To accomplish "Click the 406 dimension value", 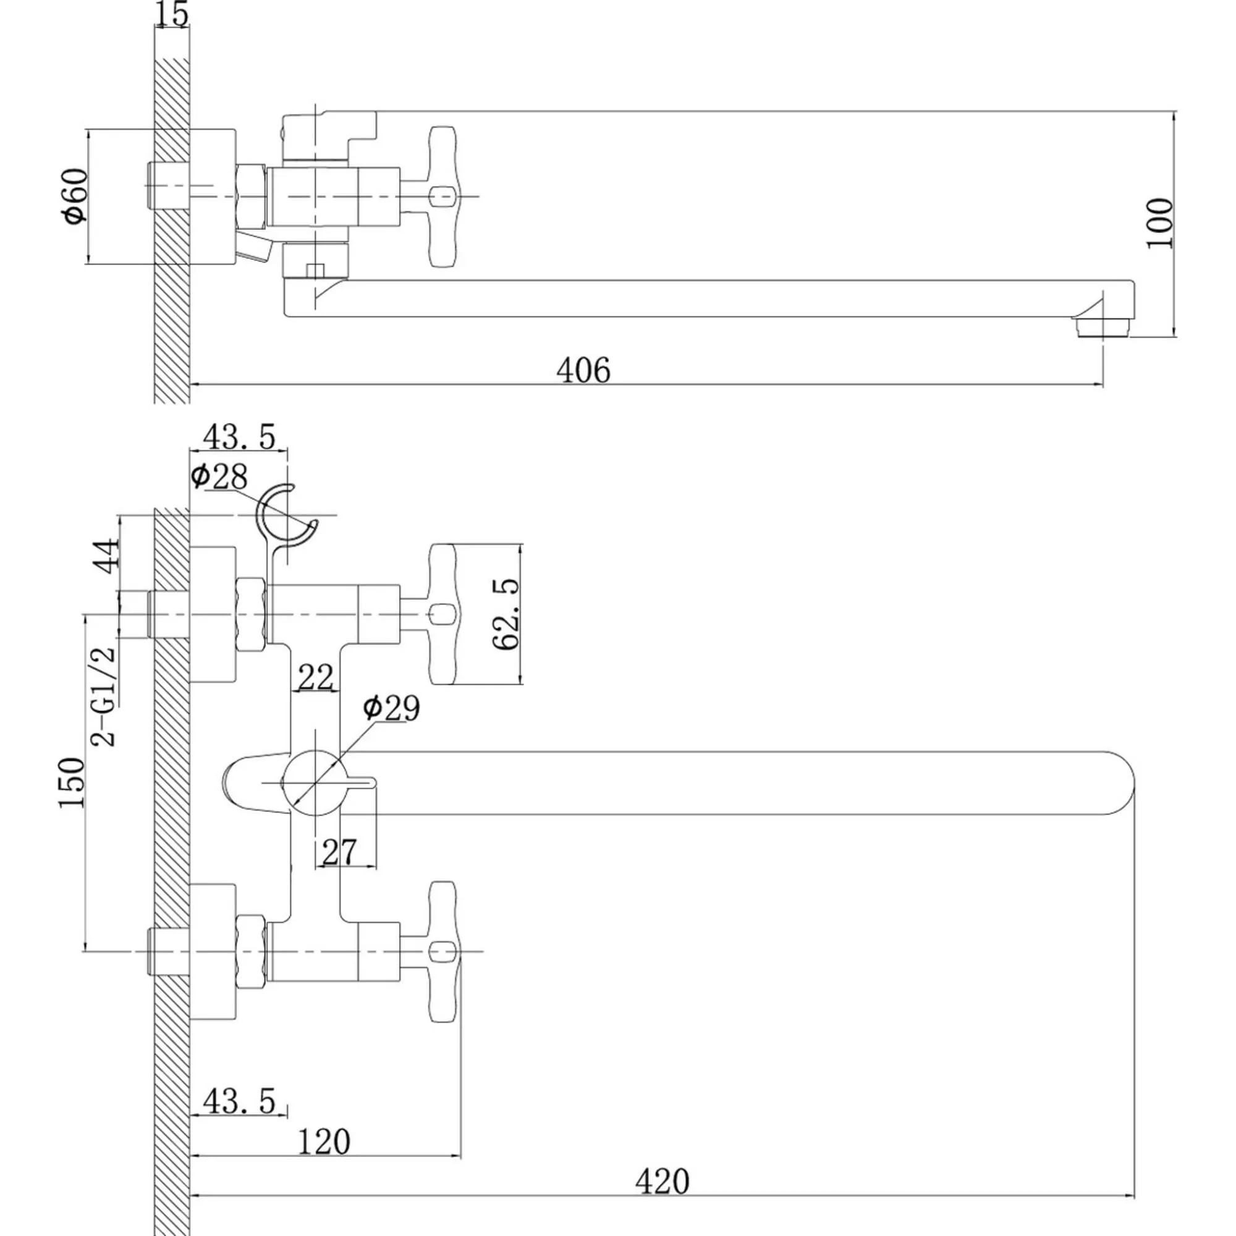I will (583, 370).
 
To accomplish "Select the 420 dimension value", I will (662, 1181).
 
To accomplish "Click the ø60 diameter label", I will (75, 196).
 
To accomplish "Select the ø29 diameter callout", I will (391, 708).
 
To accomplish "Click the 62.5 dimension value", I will (507, 614).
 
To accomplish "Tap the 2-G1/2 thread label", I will (104, 696).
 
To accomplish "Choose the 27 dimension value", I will (339, 852).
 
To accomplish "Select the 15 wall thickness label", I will (172, 14).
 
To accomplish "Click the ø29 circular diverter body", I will (315, 782).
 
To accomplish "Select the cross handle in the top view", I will (443, 197).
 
